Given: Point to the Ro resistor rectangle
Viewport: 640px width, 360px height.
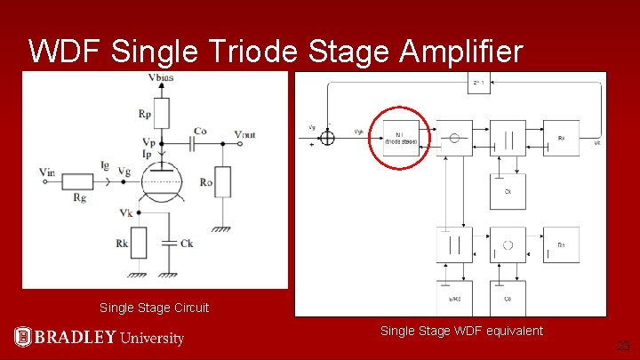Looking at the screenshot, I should (x=224, y=181).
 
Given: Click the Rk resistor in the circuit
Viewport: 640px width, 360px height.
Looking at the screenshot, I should (x=138, y=243).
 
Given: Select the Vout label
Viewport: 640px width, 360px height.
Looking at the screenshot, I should (x=246, y=134).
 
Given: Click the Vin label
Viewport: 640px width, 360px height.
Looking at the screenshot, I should (x=48, y=172).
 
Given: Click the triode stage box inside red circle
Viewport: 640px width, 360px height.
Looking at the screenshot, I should (x=401, y=139).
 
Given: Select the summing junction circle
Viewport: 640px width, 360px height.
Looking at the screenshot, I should (x=327, y=138).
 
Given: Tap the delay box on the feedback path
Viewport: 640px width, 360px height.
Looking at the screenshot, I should (x=477, y=83).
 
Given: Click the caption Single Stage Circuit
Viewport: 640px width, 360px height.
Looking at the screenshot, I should (x=155, y=308).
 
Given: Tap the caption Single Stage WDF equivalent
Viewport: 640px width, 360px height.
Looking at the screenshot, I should (x=461, y=331).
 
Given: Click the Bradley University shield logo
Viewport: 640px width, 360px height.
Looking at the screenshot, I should (x=23, y=337).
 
